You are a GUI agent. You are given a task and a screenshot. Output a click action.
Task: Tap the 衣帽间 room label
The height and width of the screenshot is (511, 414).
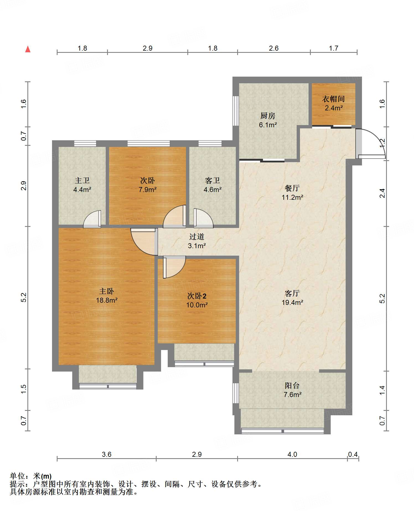pos(333,99)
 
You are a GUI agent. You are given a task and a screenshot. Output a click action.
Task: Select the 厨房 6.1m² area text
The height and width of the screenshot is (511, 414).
pos(268,125)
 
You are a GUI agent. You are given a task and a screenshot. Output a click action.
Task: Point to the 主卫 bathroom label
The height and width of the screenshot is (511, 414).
pos(82,180)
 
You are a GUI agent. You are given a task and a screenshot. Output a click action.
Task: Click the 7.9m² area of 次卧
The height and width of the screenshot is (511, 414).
pos(148,190)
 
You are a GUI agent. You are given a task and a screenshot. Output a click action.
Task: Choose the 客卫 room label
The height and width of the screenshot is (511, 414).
pos(213,180)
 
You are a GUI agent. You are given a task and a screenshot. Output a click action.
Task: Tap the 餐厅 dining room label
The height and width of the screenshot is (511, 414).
pos(292,188)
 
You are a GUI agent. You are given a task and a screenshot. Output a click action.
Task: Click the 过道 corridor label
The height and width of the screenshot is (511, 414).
pos(197,237)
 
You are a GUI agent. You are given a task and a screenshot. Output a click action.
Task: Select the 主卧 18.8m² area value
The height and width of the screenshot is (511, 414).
pos(107,300)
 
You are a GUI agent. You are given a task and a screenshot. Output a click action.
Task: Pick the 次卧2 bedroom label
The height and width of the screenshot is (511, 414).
pos(197,296)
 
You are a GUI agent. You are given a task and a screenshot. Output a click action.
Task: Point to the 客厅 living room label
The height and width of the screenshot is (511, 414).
pos(292,293)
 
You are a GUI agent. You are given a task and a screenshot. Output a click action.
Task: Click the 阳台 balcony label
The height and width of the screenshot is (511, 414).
pos(292,385)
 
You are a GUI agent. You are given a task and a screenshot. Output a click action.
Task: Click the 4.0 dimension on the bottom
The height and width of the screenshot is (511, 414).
pos(292,454)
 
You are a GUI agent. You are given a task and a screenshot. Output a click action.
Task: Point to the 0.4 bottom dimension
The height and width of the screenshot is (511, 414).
pos(353,454)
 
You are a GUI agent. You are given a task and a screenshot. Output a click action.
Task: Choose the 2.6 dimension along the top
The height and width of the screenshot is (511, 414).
pos(274,48)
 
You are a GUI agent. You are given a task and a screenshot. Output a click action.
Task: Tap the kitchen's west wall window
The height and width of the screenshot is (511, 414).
pos(236,111)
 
